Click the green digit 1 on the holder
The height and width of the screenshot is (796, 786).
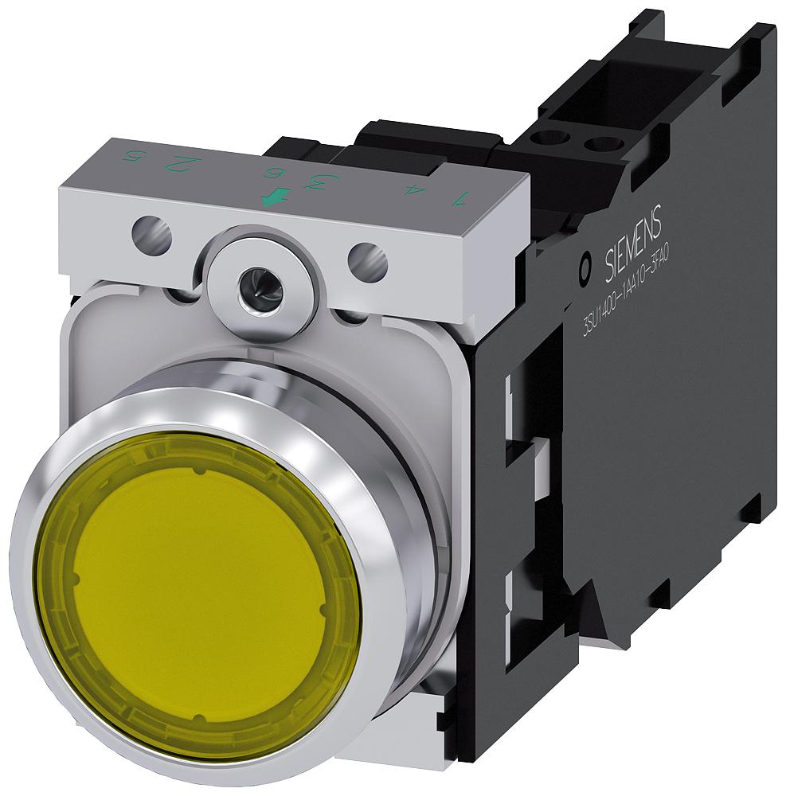click(456, 199)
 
